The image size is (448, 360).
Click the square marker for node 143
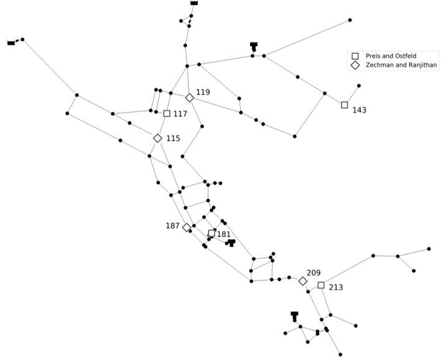[345, 105]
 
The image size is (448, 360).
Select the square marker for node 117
[167, 114]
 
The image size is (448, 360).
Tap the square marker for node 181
[212, 234]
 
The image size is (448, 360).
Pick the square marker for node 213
[321, 285]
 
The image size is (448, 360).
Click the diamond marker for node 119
[189, 98]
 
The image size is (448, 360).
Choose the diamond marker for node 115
[157, 138]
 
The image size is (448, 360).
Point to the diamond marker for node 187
[187, 228]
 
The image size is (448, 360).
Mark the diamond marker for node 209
[303, 281]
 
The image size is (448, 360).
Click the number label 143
[360, 110]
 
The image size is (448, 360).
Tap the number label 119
[203, 92]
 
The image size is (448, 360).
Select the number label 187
[172, 226]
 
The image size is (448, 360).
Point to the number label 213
[336, 287]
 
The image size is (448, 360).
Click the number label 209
[314, 273]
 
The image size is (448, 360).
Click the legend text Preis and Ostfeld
[391, 56]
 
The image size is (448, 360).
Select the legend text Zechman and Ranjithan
[401, 65]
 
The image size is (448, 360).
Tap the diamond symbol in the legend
[355, 65]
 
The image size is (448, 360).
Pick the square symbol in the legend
[355, 56]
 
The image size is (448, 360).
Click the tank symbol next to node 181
[231, 243]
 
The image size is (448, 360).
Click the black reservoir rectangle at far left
[11, 43]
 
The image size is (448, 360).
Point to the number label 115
[173, 139]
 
